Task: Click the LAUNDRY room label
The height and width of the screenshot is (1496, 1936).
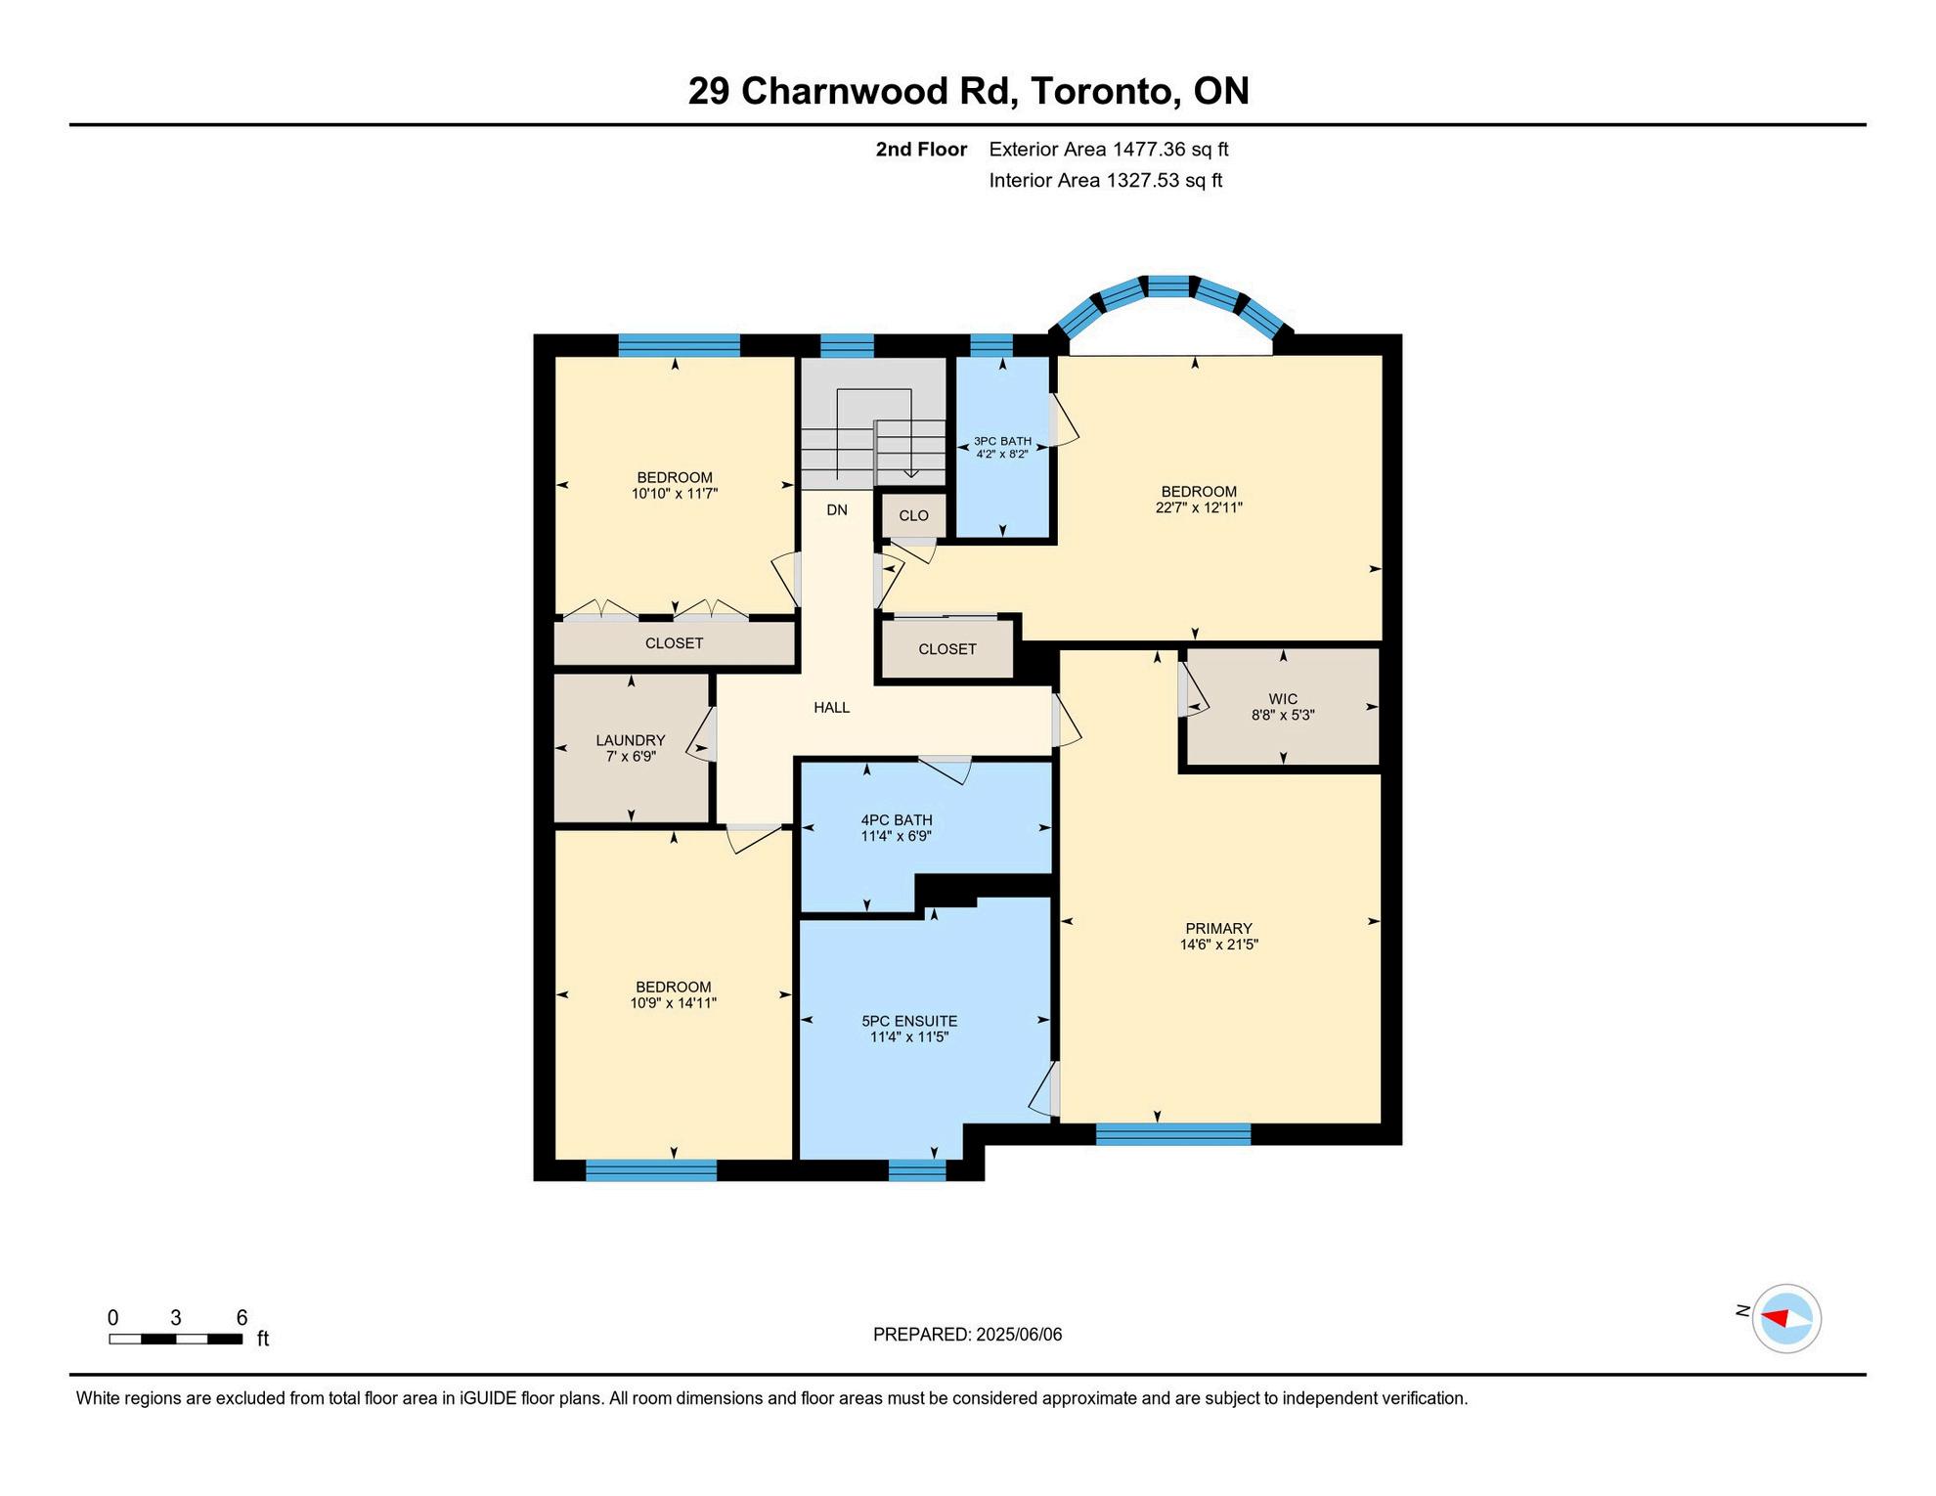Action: (631, 740)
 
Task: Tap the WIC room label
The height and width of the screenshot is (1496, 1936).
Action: (1283, 699)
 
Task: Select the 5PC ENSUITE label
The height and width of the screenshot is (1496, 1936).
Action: (909, 1021)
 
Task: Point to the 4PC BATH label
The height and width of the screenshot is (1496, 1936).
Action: (897, 820)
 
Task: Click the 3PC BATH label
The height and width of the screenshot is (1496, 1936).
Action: (1002, 441)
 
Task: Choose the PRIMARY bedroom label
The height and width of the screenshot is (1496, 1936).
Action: (1218, 928)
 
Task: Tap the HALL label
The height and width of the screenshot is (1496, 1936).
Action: (832, 707)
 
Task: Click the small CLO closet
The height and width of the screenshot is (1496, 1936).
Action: (914, 515)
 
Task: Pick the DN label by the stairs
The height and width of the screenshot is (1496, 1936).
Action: (837, 509)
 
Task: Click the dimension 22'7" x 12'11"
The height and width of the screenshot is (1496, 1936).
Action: (1199, 507)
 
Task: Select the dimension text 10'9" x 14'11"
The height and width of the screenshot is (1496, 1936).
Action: (674, 1002)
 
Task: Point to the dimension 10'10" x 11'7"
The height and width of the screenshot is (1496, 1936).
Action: (675, 494)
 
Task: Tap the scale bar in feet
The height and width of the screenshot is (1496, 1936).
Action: (176, 1339)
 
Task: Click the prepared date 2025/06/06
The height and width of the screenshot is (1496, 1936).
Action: (1019, 1335)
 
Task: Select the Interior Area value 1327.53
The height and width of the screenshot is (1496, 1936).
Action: (1143, 180)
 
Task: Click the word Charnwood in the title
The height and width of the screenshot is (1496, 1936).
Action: (846, 91)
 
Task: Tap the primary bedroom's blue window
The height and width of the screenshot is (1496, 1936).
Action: (1173, 1134)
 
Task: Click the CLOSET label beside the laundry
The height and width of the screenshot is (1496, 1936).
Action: (675, 643)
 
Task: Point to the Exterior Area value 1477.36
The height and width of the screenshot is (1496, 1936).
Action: (1149, 150)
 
